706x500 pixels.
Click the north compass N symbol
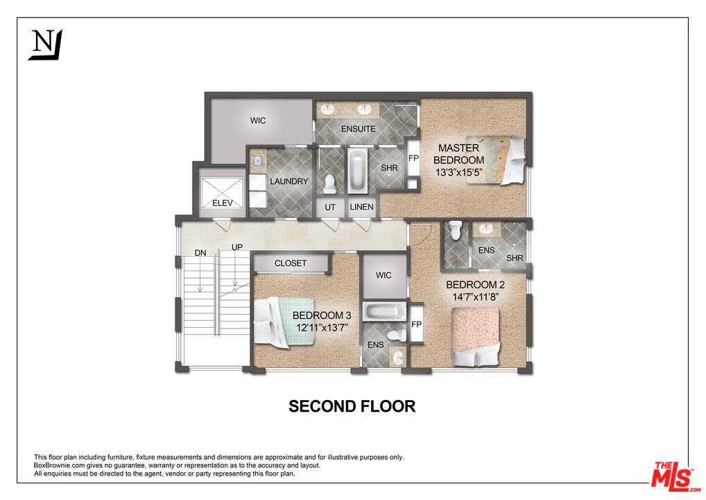(x=45, y=44)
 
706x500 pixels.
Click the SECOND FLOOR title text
(x=352, y=406)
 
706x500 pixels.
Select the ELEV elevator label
(x=222, y=203)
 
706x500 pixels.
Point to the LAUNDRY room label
(x=289, y=181)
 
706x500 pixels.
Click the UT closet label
(x=330, y=207)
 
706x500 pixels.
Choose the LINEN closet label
(x=361, y=207)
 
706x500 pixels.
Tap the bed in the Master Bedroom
(x=497, y=159)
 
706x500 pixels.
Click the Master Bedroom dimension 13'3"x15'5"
(x=458, y=173)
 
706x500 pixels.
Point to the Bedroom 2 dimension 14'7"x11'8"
(x=475, y=297)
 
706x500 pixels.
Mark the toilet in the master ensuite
(x=330, y=183)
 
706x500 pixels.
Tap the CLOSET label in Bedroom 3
(x=290, y=263)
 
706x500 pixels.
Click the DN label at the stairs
(x=200, y=252)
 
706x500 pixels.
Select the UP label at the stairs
(x=236, y=247)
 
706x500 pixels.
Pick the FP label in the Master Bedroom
(x=413, y=158)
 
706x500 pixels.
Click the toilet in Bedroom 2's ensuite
(x=454, y=229)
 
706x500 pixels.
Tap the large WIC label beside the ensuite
(x=258, y=121)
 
